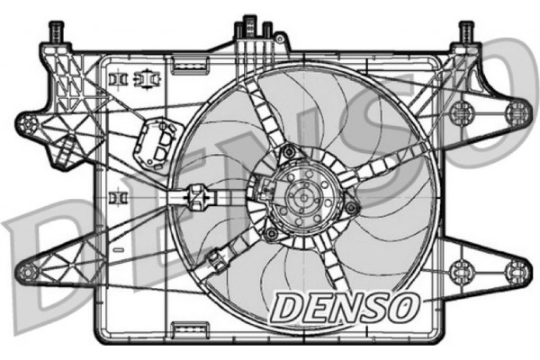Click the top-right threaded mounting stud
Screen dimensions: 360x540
[465, 32]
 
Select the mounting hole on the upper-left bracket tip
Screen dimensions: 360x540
[29, 121]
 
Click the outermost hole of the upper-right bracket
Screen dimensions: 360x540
[516, 112]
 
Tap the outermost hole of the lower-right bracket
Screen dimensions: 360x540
[516, 269]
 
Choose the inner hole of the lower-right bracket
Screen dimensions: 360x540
[461, 268]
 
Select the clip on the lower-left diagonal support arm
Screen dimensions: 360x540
[216, 262]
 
